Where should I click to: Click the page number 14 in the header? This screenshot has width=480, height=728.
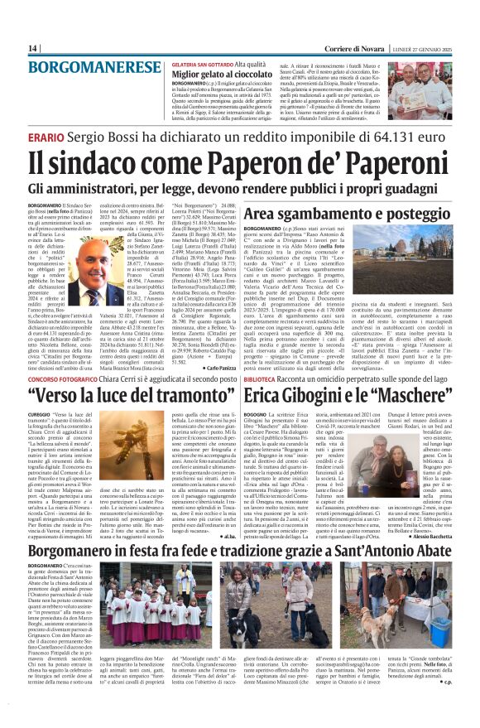coord(33,48)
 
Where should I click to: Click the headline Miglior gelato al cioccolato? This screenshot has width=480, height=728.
coord(217,74)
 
